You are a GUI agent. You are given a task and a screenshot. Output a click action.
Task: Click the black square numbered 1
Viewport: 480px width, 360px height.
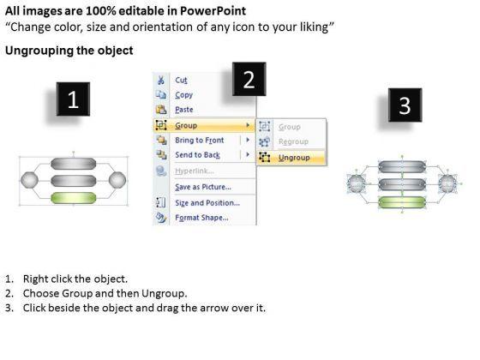pos(73,99)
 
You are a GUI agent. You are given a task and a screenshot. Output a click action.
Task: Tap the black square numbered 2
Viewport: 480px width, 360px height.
pos(249,79)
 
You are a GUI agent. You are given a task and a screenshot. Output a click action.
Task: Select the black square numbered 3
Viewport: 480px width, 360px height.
pos(405,105)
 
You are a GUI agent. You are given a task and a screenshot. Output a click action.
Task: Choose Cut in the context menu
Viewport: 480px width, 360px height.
pos(181,81)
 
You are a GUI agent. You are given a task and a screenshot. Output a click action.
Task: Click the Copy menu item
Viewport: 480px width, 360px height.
pos(183,95)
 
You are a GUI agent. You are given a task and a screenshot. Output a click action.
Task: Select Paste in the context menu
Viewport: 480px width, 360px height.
pos(184,110)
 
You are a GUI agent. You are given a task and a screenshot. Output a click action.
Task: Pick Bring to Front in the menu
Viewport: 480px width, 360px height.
pos(199,141)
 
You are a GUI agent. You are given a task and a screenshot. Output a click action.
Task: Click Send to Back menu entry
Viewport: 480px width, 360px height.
pos(197,155)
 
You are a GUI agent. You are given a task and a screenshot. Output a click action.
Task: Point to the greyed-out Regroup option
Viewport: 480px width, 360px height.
pos(293,141)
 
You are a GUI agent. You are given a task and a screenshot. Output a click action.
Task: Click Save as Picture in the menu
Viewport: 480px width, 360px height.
pos(203,187)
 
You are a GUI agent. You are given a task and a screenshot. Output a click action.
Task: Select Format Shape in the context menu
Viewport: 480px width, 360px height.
pos(201,218)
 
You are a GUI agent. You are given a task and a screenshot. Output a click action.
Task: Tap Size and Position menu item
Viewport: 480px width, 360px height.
pos(207,202)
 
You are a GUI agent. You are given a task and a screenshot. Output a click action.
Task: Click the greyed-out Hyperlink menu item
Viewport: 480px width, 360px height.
pos(195,171)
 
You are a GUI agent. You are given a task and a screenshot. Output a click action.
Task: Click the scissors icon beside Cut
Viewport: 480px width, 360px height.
pos(161,81)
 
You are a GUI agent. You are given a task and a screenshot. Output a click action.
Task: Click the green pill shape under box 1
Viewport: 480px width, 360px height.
pos(74,198)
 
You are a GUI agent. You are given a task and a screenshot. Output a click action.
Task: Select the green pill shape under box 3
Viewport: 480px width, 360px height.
pos(402,202)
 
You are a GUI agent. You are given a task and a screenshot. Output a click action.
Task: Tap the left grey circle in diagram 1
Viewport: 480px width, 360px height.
pos(30,180)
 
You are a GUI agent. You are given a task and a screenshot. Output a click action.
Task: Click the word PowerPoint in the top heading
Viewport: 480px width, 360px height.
pos(213,10)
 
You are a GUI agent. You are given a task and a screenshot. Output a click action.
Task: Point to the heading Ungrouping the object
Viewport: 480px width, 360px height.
pos(69,51)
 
